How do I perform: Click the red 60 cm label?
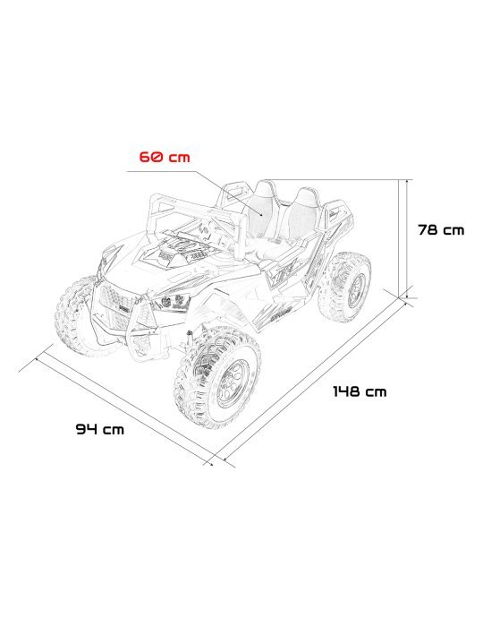[x=165, y=158]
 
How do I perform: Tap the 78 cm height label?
[x=441, y=230]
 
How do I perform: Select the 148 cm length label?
[x=360, y=391]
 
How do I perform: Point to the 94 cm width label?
[x=99, y=429]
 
